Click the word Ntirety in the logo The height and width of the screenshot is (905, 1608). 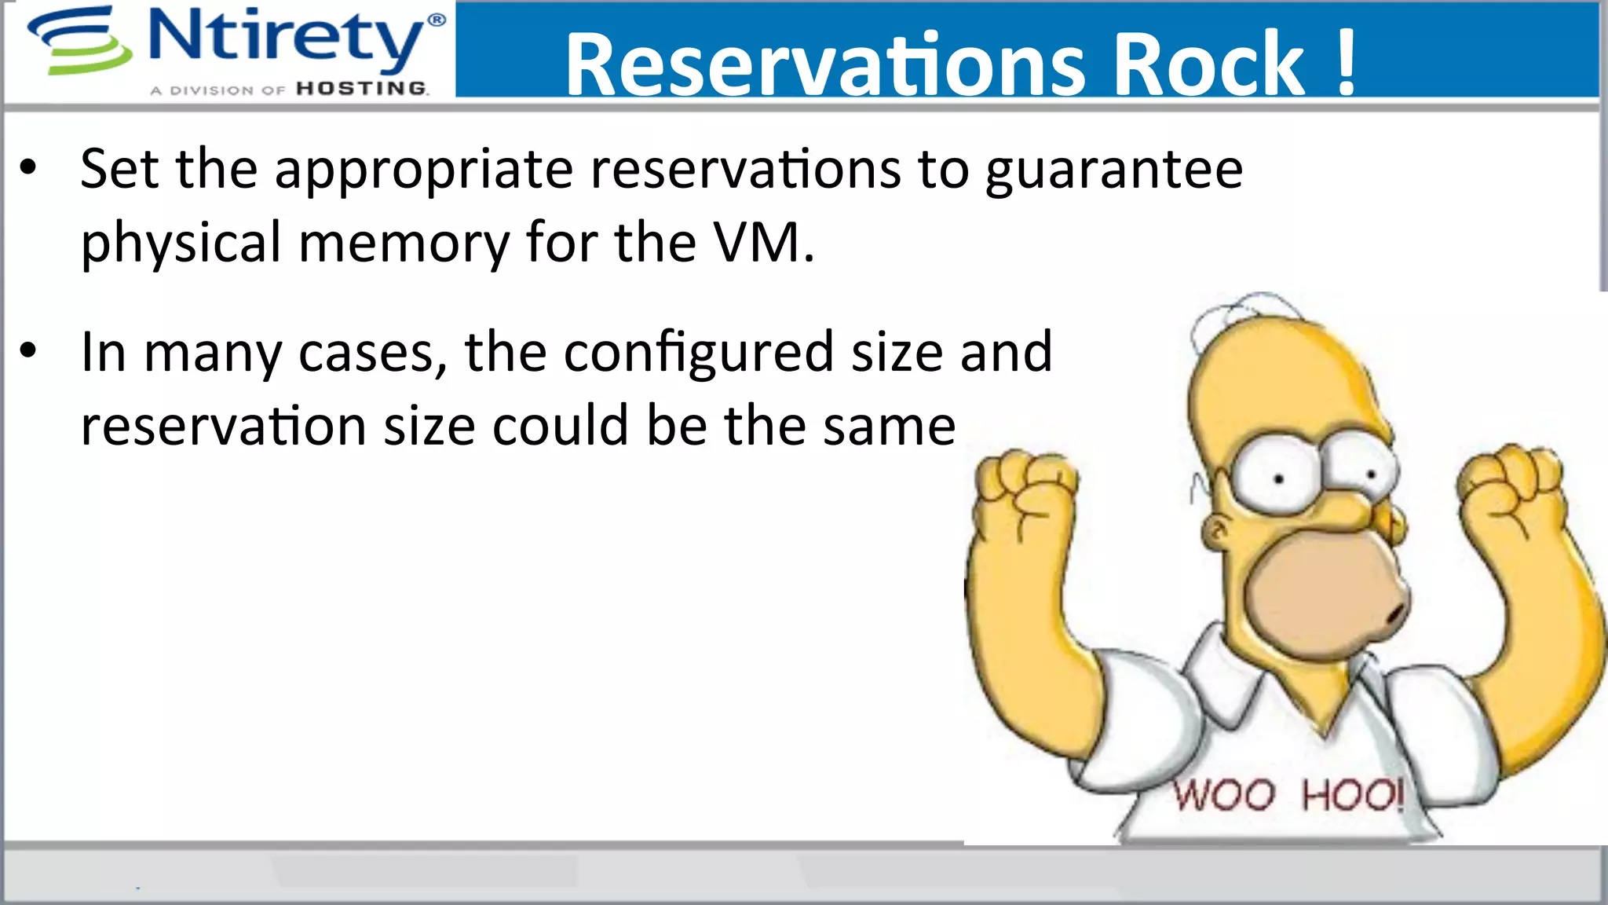click(x=286, y=37)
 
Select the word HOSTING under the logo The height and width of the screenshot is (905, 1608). click(x=362, y=89)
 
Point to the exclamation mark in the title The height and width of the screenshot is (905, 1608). click(x=1346, y=63)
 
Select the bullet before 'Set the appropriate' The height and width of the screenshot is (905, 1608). click(x=29, y=168)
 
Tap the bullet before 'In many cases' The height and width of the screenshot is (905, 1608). click(x=29, y=351)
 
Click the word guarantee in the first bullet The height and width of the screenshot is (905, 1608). click(x=1114, y=170)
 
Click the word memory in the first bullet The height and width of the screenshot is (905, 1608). click(x=404, y=244)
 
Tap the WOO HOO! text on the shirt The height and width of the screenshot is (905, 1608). click(x=1288, y=795)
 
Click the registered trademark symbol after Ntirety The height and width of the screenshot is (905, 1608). click(x=437, y=20)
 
